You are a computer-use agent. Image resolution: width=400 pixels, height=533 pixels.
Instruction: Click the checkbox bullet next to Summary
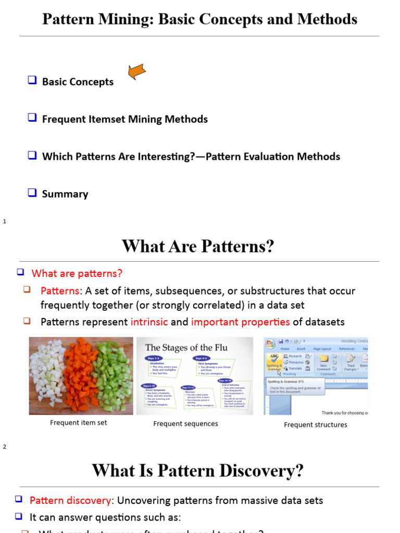pos(32,193)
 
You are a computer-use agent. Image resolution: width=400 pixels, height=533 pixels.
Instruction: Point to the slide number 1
pos(5,222)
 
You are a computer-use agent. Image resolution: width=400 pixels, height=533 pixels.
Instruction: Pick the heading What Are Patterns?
pos(198,246)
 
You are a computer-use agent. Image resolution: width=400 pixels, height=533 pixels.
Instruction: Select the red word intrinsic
pos(149,322)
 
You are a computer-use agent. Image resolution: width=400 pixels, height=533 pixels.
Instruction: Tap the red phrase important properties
pos(240,322)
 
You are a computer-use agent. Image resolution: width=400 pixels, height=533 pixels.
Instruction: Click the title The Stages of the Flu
pos(186,347)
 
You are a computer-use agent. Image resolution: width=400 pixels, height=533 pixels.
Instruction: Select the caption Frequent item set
pos(78,423)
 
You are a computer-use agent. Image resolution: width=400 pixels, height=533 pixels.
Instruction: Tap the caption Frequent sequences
pos(185,424)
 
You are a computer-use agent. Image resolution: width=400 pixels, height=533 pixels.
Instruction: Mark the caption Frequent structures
pos(315,425)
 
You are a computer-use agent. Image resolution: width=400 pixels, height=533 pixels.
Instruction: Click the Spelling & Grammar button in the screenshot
pos(274,362)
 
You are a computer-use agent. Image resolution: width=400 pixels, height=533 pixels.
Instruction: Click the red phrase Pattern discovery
pos(70,501)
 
